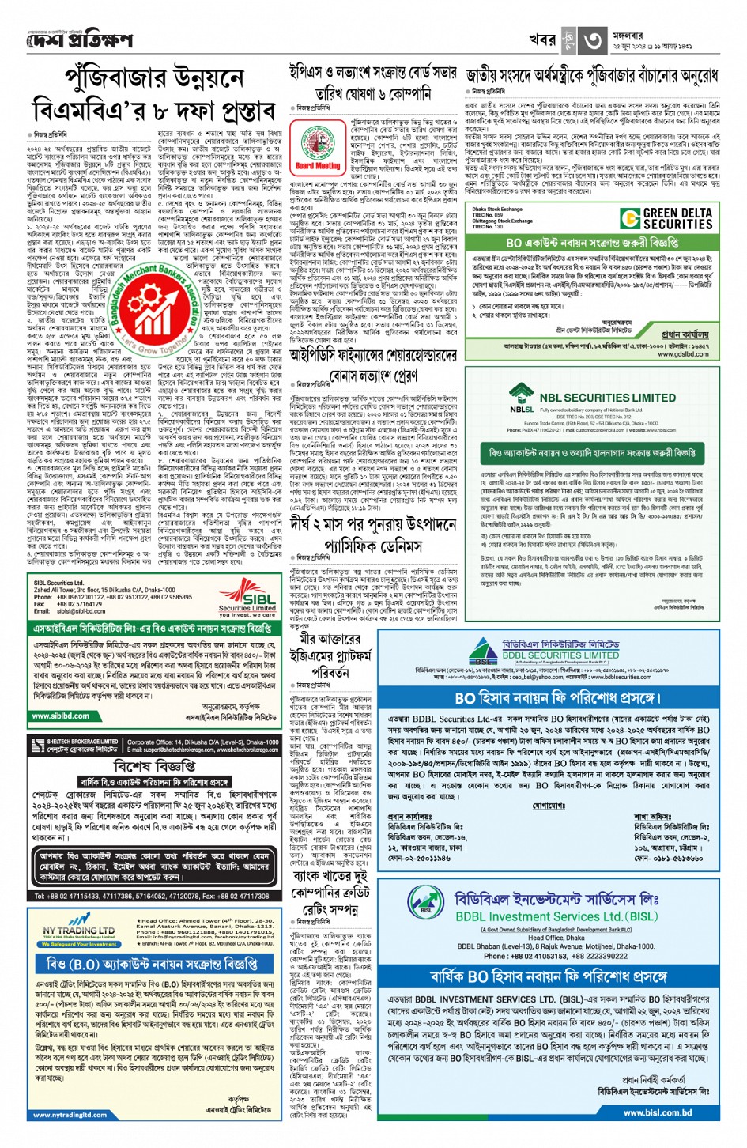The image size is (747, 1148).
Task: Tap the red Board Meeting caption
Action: click(x=318, y=167)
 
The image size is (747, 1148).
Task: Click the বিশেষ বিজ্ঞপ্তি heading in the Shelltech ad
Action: click(x=155, y=766)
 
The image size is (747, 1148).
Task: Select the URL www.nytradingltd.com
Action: click(x=70, y=1115)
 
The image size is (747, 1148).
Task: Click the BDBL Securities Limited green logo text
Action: click(x=560, y=655)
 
